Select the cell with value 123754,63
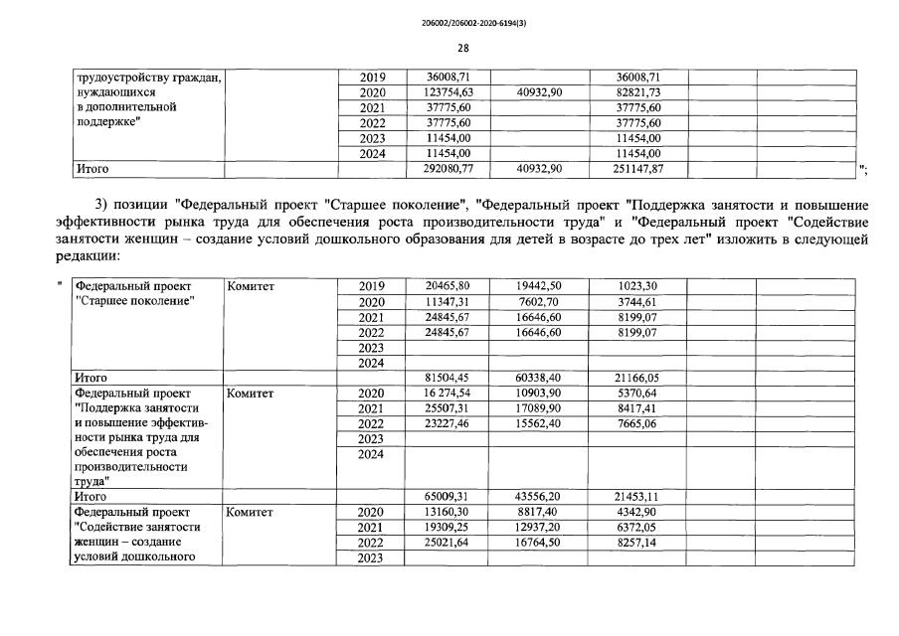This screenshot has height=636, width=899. tap(449, 92)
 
